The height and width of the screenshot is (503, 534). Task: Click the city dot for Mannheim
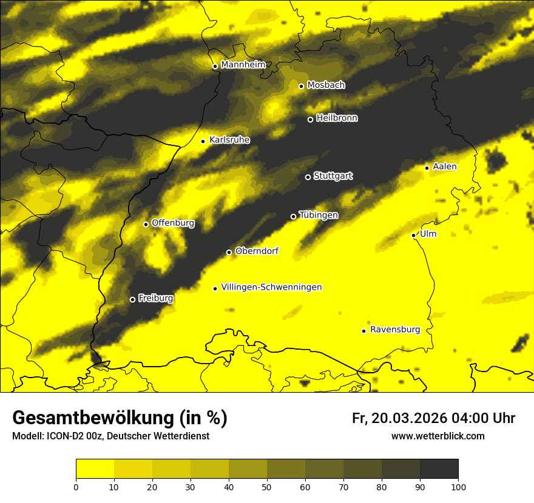(215, 67)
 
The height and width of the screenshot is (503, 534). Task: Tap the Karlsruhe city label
(229, 140)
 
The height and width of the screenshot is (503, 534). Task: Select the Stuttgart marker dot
(308, 177)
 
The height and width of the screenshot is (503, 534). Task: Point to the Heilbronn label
(337, 118)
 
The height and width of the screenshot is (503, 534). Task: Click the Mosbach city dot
(301, 86)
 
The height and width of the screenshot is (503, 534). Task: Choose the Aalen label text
(445, 167)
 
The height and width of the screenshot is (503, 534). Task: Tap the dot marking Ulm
(414, 235)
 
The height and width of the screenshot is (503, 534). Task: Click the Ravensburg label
(395, 330)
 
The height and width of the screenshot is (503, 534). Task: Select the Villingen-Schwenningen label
(271, 287)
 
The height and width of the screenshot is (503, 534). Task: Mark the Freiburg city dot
(132, 299)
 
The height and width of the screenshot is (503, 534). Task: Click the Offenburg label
(173, 223)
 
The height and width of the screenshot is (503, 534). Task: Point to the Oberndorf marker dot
(229, 252)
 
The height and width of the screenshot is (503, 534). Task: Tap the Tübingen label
(319, 215)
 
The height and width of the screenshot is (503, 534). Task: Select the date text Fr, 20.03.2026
(399, 418)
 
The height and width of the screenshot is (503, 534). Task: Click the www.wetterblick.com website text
(438, 436)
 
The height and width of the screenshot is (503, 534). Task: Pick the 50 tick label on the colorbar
(267, 486)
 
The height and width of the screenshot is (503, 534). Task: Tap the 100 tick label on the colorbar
(458, 486)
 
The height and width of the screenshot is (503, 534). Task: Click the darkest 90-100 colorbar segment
(439, 469)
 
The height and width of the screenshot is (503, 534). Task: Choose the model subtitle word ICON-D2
(60, 436)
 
